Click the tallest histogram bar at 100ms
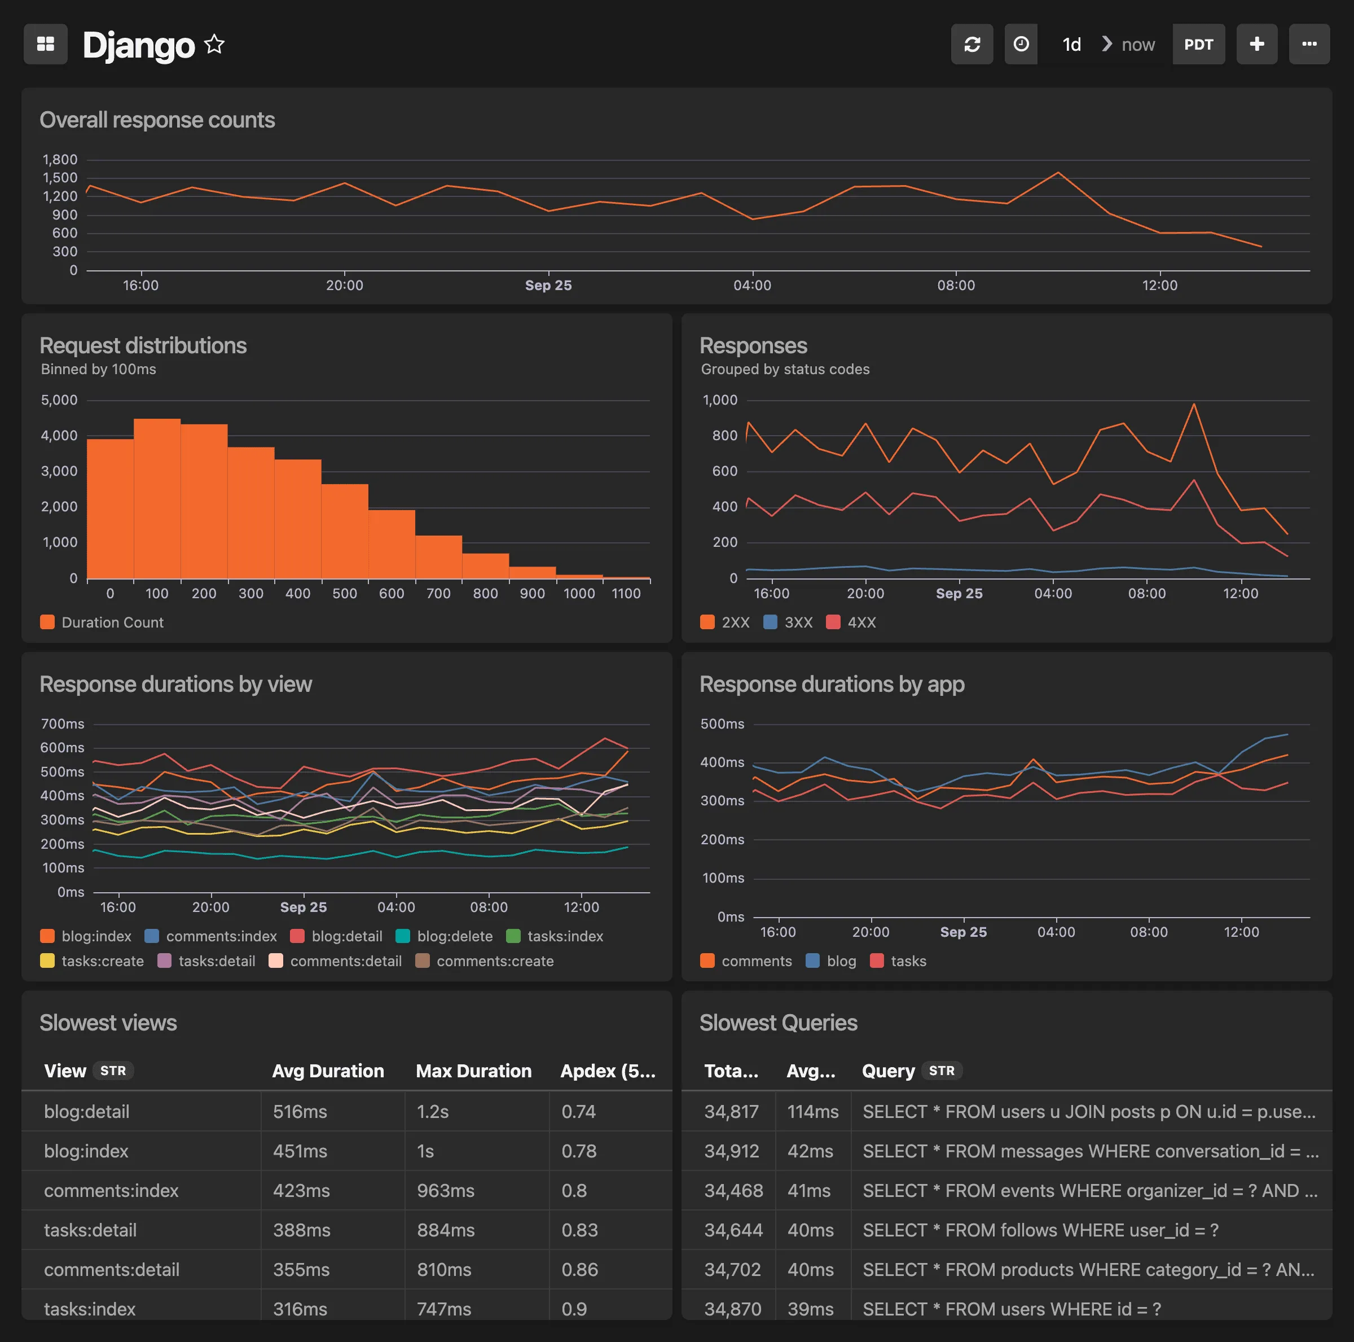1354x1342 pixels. [x=157, y=498]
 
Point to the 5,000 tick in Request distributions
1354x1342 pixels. [x=60, y=400]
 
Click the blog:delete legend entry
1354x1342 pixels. [x=445, y=936]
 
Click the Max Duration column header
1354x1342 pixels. [x=473, y=1071]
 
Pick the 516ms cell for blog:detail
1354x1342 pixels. [x=300, y=1111]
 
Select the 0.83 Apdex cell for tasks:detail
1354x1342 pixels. [x=579, y=1230]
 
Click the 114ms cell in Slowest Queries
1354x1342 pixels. [x=812, y=1111]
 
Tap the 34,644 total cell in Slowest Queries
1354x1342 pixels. [x=733, y=1230]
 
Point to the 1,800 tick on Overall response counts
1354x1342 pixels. [x=60, y=159]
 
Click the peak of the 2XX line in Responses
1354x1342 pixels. [x=1194, y=404]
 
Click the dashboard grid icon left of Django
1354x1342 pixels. [x=46, y=44]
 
